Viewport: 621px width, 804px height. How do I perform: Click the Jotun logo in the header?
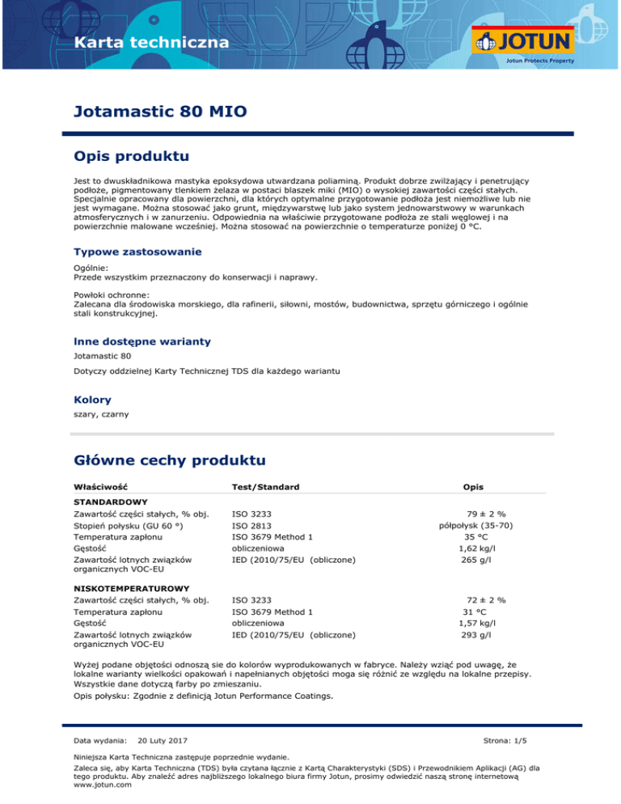(x=524, y=41)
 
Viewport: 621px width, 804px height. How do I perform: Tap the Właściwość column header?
(x=100, y=487)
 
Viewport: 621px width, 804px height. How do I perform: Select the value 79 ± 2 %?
(x=486, y=514)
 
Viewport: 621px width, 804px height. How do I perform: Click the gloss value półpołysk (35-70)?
(x=479, y=525)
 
